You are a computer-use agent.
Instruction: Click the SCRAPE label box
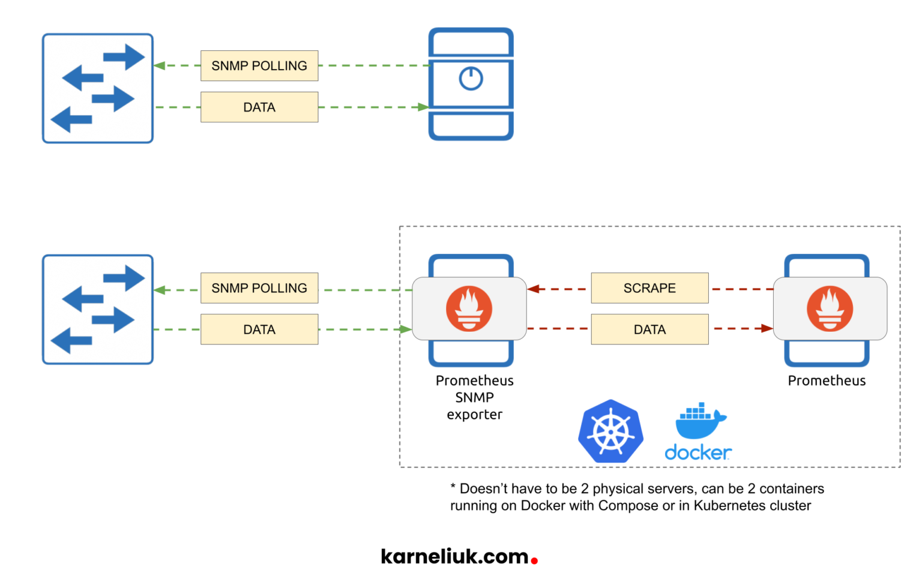click(x=649, y=288)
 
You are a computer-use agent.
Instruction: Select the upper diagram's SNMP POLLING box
click(x=259, y=66)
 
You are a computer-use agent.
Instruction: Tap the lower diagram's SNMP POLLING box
click(x=259, y=288)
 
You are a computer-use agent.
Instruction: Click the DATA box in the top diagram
click(x=259, y=107)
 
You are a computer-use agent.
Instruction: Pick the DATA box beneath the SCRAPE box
click(x=649, y=329)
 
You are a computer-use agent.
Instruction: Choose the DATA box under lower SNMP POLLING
click(x=259, y=329)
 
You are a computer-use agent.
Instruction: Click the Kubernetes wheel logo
click(x=610, y=431)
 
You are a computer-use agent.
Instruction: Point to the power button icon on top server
click(x=471, y=79)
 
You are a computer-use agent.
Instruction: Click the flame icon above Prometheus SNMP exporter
click(x=469, y=308)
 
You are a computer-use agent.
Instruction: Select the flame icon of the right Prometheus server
click(x=830, y=308)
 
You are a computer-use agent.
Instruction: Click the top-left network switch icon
click(x=98, y=88)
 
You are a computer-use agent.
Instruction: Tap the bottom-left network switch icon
click(x=98, y=310)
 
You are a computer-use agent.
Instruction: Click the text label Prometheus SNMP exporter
click(x=474, y=397)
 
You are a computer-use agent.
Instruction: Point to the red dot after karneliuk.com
click(x=534, y=561)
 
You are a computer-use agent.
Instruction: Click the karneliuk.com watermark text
click(x=454, y=557)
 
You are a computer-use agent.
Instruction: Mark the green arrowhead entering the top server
click(x=423, y=107)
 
